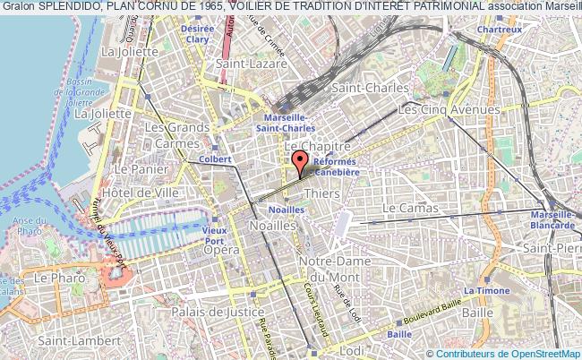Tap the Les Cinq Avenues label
449,109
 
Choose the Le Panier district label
136,168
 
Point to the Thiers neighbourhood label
321,193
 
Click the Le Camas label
410,208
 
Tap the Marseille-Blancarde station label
553,219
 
